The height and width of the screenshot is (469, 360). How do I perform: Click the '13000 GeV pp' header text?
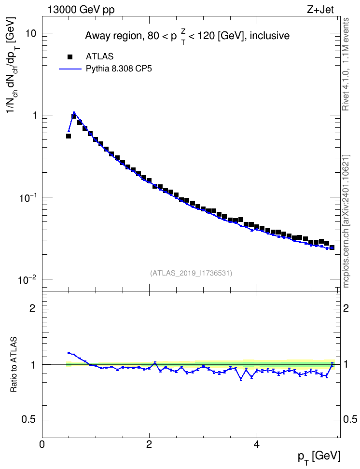(81, 10)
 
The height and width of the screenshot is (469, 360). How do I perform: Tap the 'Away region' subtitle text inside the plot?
(113, 36)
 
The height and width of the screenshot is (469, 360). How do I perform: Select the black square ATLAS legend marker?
(69, 56)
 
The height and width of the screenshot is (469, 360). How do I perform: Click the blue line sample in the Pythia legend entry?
(70, 69)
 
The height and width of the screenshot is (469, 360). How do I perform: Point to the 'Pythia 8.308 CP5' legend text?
(119, 69)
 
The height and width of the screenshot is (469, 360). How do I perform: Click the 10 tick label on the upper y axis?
(30, 33)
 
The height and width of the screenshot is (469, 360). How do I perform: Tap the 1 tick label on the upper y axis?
(34, 115)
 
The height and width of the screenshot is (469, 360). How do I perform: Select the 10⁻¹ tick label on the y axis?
(27, 197)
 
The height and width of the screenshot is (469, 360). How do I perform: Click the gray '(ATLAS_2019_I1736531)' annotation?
(191, 273)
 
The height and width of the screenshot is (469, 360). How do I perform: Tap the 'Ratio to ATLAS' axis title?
(14, 364)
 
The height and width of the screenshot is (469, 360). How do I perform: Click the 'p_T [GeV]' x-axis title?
(319, 457)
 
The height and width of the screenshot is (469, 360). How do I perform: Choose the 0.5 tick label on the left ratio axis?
(29, 420)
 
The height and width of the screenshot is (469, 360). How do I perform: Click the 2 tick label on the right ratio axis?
(346, 308)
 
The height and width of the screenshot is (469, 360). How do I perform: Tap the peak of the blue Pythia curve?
(74, 112)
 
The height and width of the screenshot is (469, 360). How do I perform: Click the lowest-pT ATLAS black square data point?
(69, 136)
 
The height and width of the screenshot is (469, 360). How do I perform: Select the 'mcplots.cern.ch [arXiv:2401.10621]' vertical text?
(346, 221)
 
